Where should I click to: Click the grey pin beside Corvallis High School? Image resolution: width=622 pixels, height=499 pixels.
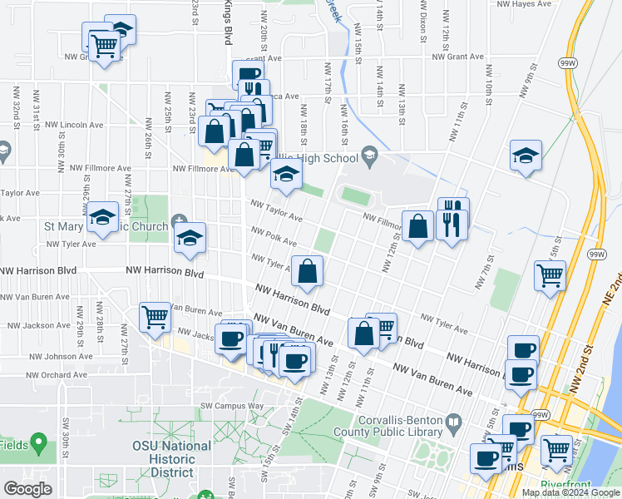(x=370, y=155)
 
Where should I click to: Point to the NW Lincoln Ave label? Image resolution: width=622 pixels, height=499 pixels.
(x=74, y=125)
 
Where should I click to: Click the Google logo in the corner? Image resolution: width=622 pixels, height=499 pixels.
(x=28, y=489)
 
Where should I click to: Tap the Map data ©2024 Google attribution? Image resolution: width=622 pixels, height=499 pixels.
(x=570, y=492)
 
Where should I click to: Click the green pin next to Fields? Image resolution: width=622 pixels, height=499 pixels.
(x=37, y=443)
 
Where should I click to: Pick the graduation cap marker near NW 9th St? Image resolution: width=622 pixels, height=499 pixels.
(x=526, y=155)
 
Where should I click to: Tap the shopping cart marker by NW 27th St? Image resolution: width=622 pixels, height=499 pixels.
(x=155, y=317)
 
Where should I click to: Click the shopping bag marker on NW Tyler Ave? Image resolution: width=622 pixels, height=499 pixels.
(x=308, y=271)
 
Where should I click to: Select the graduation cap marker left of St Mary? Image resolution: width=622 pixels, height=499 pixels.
(x=102, y=217)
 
